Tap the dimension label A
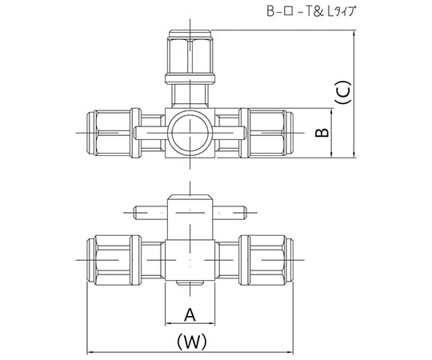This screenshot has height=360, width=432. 190,314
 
